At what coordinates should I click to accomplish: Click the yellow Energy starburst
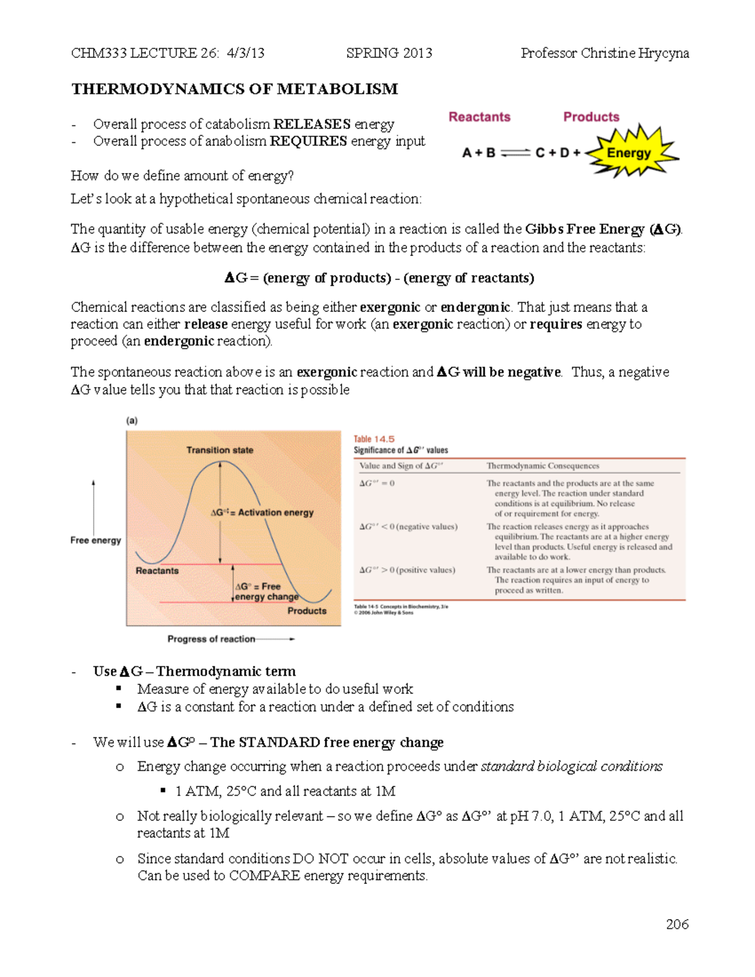tap(630, 153)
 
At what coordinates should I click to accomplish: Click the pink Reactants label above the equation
tap(479, 117)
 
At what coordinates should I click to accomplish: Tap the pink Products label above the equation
tap(591, 117)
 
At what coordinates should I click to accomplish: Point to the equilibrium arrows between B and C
tap(515, 153)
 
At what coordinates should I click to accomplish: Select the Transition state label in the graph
tap(220, 450)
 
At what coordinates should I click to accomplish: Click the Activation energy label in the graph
tap(262, 513)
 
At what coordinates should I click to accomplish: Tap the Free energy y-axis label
tap(96, 540)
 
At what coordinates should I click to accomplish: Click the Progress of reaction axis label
tap(211, 639)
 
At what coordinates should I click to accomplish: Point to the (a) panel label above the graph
tap(132, 421)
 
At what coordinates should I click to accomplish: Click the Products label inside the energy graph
tap(307, 611)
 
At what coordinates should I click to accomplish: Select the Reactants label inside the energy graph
tap(157, 571)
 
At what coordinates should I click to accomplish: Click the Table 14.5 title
tap(374, 439)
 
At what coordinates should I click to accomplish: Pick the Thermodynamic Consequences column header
tap(542, 466)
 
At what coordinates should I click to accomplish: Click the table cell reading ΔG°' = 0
tap(377, 483)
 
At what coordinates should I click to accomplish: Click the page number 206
tap(677, 924)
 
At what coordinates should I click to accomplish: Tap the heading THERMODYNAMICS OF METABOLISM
tap(235, 89)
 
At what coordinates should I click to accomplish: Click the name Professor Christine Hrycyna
tap(605, 53)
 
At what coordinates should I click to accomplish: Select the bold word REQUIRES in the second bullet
tap(308, 141)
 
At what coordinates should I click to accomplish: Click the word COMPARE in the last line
tap(264, 876)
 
